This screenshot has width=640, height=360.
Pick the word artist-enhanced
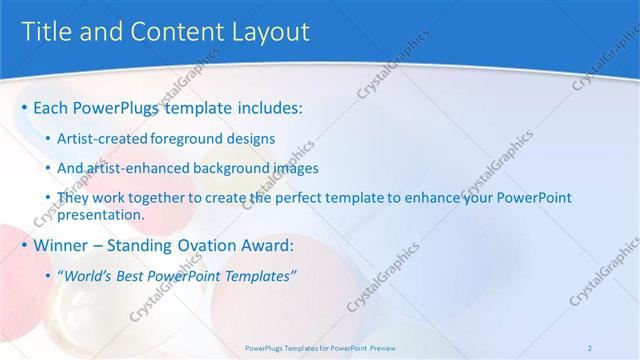134,169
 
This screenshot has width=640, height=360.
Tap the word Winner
62,244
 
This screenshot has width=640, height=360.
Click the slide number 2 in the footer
590,347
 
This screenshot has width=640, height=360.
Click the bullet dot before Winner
24,245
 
